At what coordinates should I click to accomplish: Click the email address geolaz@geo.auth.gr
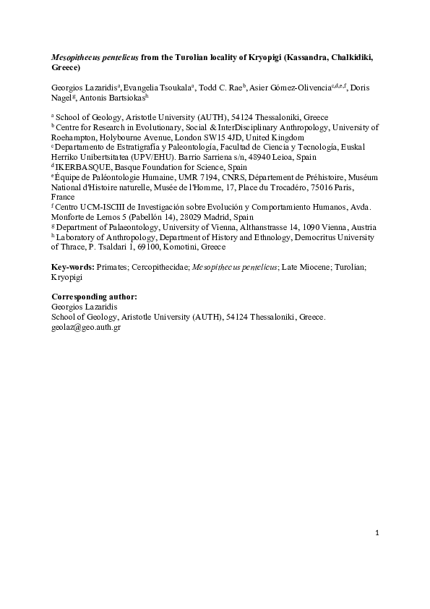tap(86, 327)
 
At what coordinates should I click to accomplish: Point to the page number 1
tap(377, 534)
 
